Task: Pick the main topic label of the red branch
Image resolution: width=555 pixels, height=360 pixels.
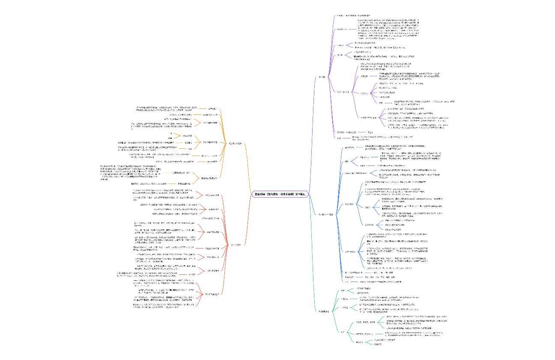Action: (x=236, y=244)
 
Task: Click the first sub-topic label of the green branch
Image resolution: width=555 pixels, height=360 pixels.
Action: (x=343, y=291)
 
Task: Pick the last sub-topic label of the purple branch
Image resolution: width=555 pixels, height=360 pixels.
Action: (x=339, y=138)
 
